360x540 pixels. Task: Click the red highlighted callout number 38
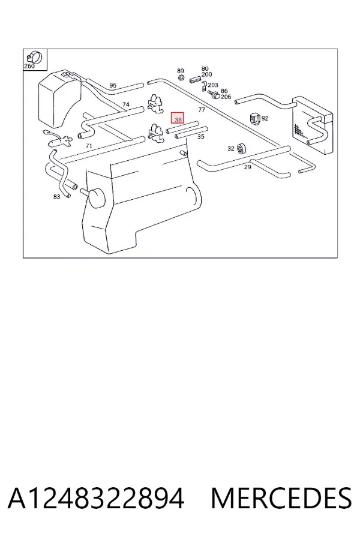[x=178, y=119]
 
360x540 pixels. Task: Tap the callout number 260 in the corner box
[x=29, y=66]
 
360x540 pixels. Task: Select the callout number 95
[x=113, y=85]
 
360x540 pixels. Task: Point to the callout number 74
[x=126, y=104]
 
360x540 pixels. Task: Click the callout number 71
[x=89, y=146]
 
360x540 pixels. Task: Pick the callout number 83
[x=57, y=197]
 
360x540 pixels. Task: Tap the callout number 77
[x=202, y=110]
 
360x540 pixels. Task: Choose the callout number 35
[x=201, y=137]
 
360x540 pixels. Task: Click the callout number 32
[x=231, y=148]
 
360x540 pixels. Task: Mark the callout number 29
[x=247, y=167]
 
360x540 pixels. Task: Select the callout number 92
[x=265, y=118]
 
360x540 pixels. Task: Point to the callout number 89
[x=181, y=71]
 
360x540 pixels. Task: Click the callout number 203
[x=213, y=85]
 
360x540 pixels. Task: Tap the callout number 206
[x=226, y=97]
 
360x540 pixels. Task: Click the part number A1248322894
[x=96, y=498]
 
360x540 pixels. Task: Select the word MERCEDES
[x=281, y=498]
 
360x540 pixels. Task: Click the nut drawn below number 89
[x=181, y=77]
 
